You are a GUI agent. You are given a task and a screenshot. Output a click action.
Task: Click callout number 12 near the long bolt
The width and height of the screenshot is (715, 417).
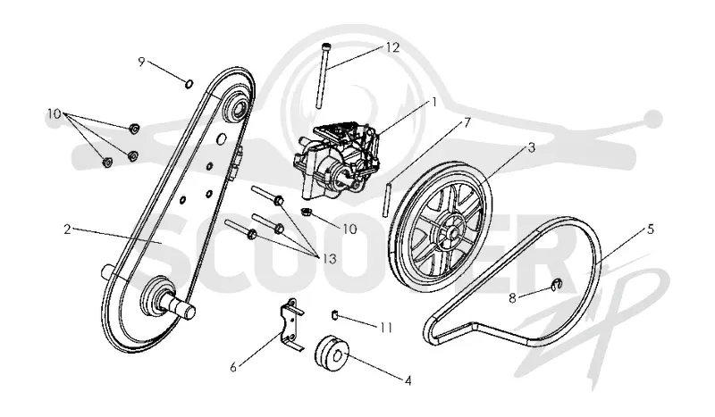392,47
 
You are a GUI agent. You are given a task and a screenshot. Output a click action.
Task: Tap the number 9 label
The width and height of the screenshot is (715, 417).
141,62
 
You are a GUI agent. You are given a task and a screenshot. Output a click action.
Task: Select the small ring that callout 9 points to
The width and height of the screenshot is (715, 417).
189,83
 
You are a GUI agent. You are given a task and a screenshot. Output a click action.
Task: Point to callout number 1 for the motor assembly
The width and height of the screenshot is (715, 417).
434,102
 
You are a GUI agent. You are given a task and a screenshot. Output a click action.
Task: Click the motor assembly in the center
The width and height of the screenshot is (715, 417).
338,161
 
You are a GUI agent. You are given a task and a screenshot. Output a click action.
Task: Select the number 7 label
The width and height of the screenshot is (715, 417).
467,122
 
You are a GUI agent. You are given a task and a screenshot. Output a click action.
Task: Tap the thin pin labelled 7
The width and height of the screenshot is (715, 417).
388,199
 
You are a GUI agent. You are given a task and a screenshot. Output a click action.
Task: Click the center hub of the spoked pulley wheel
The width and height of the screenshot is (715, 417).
453,232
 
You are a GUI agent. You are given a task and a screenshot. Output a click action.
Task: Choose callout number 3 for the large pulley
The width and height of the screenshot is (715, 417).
531,147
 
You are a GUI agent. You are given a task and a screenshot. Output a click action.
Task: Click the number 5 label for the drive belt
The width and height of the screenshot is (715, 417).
651,229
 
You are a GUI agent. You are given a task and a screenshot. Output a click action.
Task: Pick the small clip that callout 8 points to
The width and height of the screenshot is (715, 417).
556,284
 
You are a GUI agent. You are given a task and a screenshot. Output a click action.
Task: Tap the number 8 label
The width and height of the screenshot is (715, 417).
512,298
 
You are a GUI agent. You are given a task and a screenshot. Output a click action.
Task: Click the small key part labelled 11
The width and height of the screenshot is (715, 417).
334,314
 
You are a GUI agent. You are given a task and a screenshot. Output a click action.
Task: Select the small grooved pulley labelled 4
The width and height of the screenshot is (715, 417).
332,351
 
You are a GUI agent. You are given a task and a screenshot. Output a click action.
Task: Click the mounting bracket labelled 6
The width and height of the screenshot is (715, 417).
290,324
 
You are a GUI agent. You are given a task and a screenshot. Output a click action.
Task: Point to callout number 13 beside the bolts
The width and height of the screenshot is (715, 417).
328,259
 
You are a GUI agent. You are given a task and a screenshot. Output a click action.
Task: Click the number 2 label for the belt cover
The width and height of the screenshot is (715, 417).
68,229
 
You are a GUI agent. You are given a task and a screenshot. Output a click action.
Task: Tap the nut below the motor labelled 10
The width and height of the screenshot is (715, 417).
307,212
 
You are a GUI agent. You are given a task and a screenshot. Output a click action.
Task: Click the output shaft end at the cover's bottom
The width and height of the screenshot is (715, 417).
189,312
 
